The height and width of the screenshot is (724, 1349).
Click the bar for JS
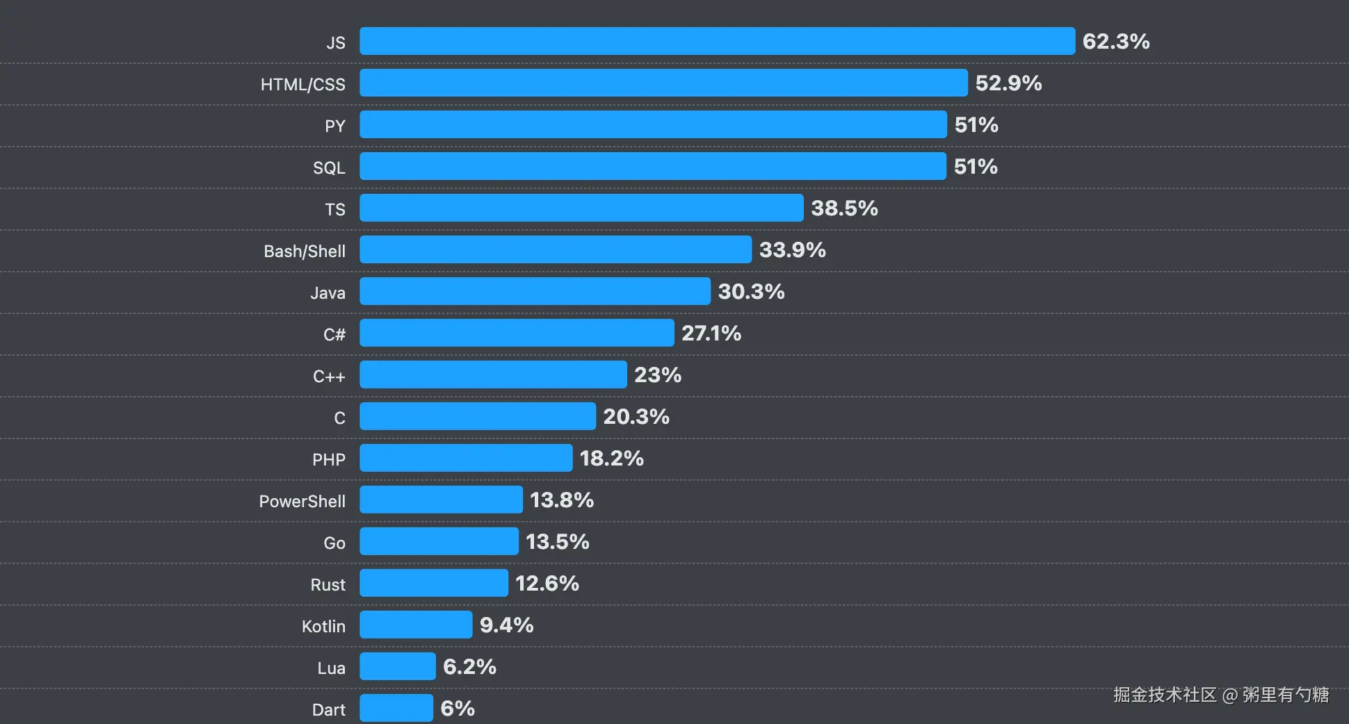tap(717, 41)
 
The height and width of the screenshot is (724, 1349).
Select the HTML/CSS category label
tap(302, 84)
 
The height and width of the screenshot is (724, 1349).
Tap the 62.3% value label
tap(1115, 42)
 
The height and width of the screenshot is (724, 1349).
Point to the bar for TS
tap(581, 208)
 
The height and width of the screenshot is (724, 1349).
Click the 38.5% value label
tap(844, 208)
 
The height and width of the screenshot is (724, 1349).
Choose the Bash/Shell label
tap(304, 251)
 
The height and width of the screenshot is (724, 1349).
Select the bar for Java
tap(535, 291)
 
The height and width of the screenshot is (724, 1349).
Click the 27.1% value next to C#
tap(711, 334)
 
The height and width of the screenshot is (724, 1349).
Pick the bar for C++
tap(493, 375)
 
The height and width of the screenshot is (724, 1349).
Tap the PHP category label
tap(328, 459)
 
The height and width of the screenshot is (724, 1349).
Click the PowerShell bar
tap(441, 500)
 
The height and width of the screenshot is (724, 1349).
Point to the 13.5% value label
tap(557, 542)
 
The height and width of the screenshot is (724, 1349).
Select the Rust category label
tap(328, 584)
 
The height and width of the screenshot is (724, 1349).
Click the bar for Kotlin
tap(416, 625)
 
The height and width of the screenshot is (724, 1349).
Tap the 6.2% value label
tap(469, 667)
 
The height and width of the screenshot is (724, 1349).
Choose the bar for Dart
tap(396, 708)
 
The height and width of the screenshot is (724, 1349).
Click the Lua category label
tap(331, 668)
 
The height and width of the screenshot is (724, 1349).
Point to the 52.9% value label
tap(1008, 83)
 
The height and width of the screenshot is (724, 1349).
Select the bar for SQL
tap(652, 166)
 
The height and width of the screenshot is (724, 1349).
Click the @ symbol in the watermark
tap(1229, 695)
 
